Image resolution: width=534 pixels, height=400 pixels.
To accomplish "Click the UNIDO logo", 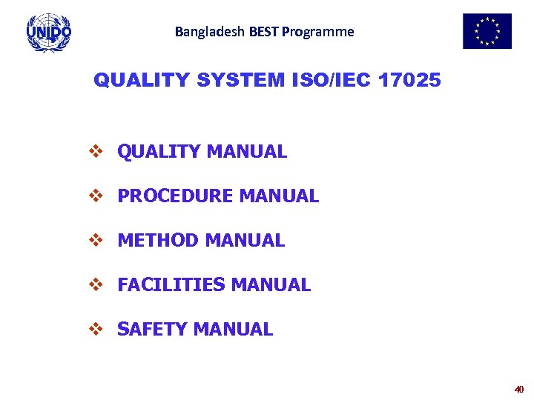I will (49, 32).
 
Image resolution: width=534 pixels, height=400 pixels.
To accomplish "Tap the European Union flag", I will (487, 31).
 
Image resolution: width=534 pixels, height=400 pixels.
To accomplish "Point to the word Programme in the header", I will (318, 32).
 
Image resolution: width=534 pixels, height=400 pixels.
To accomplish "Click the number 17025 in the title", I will (409, 80).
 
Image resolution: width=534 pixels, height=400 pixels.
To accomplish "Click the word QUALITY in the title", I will (142, 80).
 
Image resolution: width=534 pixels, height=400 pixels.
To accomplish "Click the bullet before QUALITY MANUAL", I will (95, 152).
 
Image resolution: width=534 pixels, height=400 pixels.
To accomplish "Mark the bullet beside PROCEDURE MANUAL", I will (95, 196).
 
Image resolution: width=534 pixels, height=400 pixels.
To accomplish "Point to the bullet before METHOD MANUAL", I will (95, 241).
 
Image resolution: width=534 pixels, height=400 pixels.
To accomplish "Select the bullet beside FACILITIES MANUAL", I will (95, 285).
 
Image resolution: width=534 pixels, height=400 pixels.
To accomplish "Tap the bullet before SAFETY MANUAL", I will (95, 330).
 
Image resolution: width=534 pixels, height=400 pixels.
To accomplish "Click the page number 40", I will (518, 389).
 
